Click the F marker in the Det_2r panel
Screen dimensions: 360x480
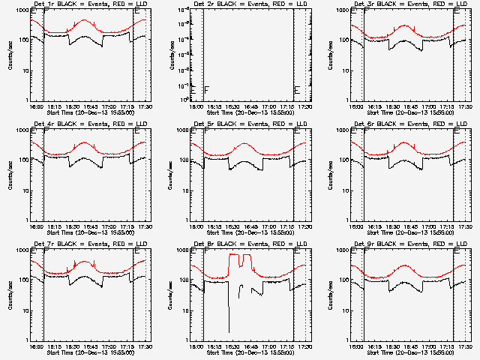point(206,90)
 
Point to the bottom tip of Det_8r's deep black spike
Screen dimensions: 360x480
point(229,331)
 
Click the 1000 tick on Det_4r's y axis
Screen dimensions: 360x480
point(20,130)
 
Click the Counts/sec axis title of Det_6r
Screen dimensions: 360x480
point(331,175)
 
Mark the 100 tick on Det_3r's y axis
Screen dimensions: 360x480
point(341,40)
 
